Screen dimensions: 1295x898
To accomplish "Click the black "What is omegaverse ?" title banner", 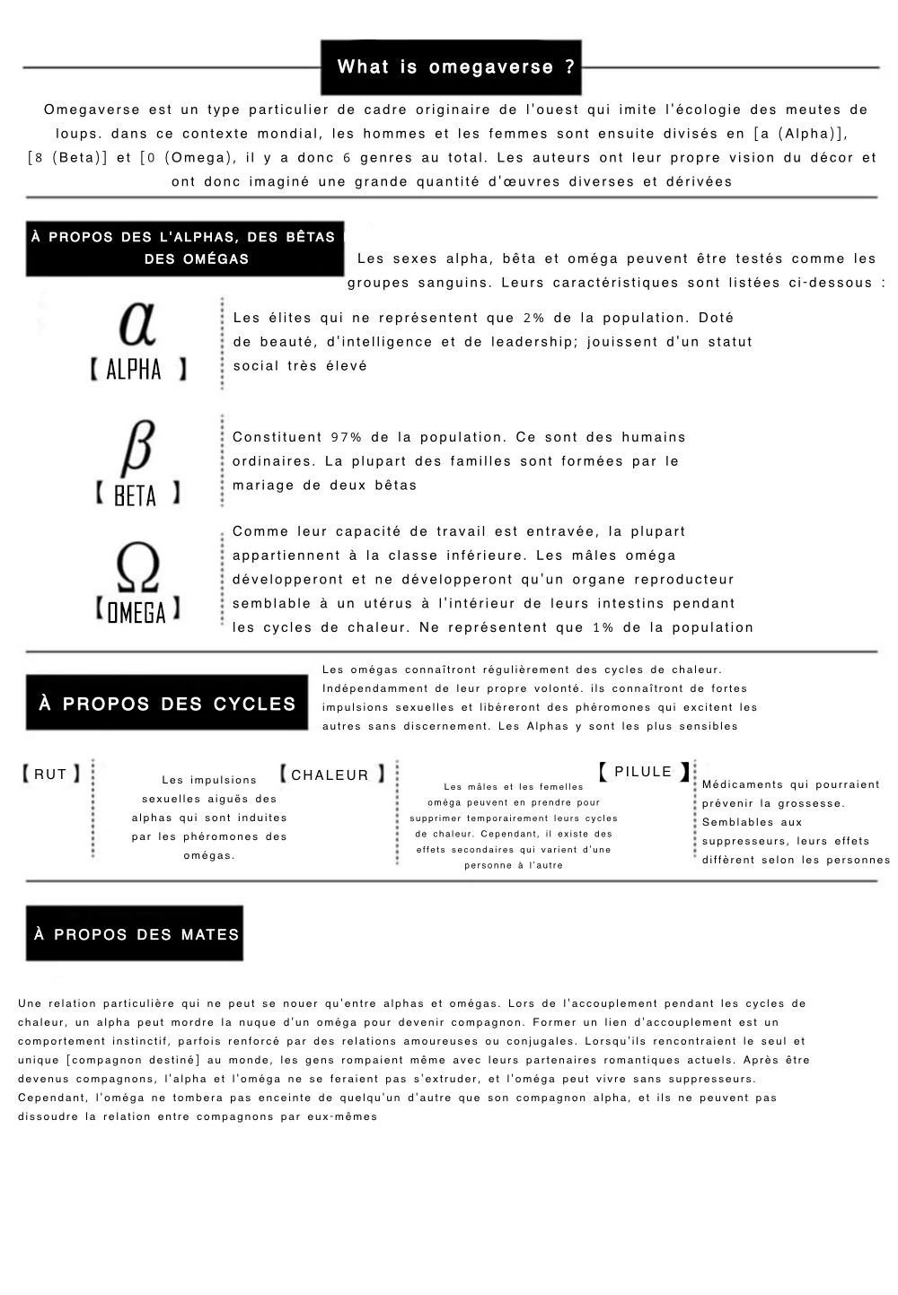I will point(451,67).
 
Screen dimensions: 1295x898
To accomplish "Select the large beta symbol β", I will point(136,446).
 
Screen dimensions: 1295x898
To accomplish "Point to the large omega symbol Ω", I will point(137,568).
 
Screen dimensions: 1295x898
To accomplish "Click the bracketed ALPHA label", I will point(137,369).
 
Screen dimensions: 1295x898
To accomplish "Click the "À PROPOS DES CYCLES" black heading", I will point(167,704).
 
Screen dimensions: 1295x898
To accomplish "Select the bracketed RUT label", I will point(50,774).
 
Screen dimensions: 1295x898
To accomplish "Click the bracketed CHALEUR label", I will point(330,774).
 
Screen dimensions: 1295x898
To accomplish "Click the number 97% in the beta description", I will point(347,437).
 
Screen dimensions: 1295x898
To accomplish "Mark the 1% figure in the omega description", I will point(603,627).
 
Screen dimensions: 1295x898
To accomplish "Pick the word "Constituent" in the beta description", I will point(277,437).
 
